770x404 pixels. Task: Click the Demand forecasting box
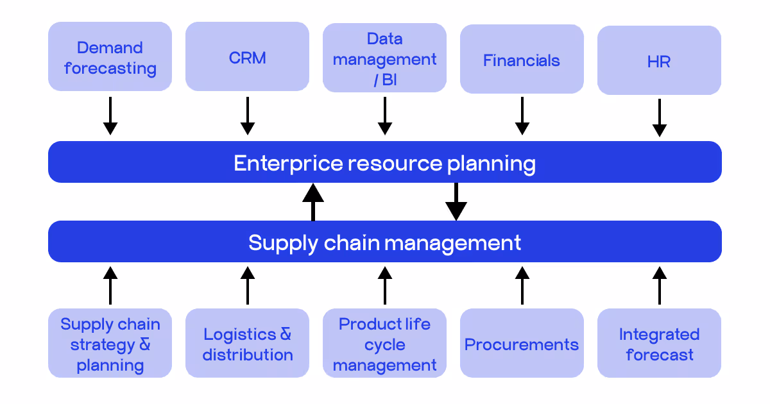coord(110,57)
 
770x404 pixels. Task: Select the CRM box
coord(247,57)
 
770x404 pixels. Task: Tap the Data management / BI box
coord(384,58)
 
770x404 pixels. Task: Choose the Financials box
coord(522,60)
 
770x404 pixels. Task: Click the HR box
coord(659,61)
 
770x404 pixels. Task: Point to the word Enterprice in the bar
coord(287,163)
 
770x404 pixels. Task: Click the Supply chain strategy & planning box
coord(110,344)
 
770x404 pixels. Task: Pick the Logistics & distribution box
coord(247,344)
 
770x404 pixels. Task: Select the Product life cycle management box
coord(384,344)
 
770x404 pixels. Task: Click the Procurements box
coord(522,344)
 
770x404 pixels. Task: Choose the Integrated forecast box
coord(659,344)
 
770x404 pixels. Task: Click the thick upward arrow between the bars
coord(313,201)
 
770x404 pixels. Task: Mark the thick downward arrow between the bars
coord(456,201)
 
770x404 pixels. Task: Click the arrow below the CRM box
coord(247,116)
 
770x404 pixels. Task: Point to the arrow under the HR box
coord(659,118)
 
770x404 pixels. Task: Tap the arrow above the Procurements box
coord(522,285)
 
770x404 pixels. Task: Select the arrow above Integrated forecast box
coord(659,285)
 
